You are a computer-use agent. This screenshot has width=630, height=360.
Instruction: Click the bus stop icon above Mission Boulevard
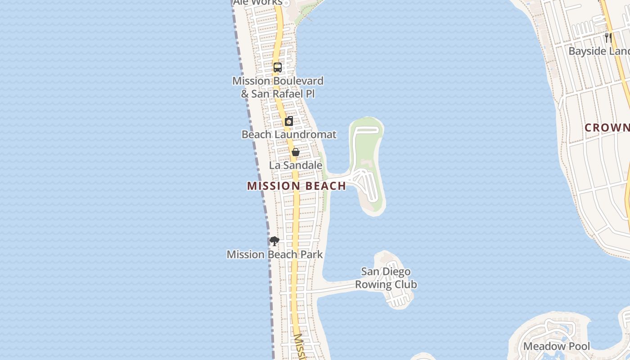(278, 67)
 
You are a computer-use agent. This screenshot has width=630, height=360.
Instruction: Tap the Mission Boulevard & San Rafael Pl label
(278, 87)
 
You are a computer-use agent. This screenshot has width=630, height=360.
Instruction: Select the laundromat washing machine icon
(289, 121)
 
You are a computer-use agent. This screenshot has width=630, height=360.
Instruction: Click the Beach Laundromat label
(289, 135)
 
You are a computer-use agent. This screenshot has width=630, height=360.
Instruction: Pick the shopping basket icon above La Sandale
(296, 152)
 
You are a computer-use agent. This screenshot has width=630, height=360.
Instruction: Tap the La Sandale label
(296, 165)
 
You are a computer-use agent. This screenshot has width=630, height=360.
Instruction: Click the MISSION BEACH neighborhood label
(297, 186)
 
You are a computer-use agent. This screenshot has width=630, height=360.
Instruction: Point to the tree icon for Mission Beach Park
(274, 241)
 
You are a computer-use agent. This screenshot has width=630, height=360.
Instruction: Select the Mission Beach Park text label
(274, 254)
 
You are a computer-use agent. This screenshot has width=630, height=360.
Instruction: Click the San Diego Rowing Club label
(386, 278)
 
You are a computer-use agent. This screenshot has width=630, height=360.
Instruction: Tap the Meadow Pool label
(556, 346)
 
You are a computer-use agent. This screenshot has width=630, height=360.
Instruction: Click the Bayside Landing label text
(598, 51)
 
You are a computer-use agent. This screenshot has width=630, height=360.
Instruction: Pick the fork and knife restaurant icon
(608, 37)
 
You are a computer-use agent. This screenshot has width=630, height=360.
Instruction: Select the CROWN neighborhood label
(607, 128)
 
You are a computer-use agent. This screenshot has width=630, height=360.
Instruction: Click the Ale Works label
(257, 2)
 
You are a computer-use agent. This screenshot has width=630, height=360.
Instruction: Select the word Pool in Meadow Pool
(576, 346)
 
